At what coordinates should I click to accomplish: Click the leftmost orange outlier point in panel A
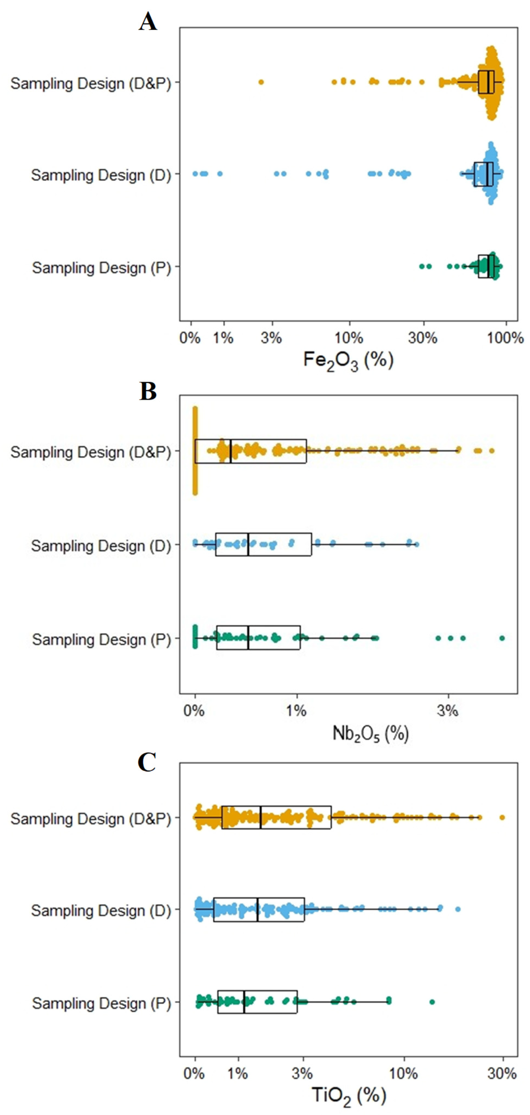[261, 82]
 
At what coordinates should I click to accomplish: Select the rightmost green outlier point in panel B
[502, 638]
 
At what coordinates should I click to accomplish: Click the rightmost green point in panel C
[432, 1002]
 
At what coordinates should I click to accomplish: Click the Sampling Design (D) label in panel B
[101, 546]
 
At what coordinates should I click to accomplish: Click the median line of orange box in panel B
[231, 451]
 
